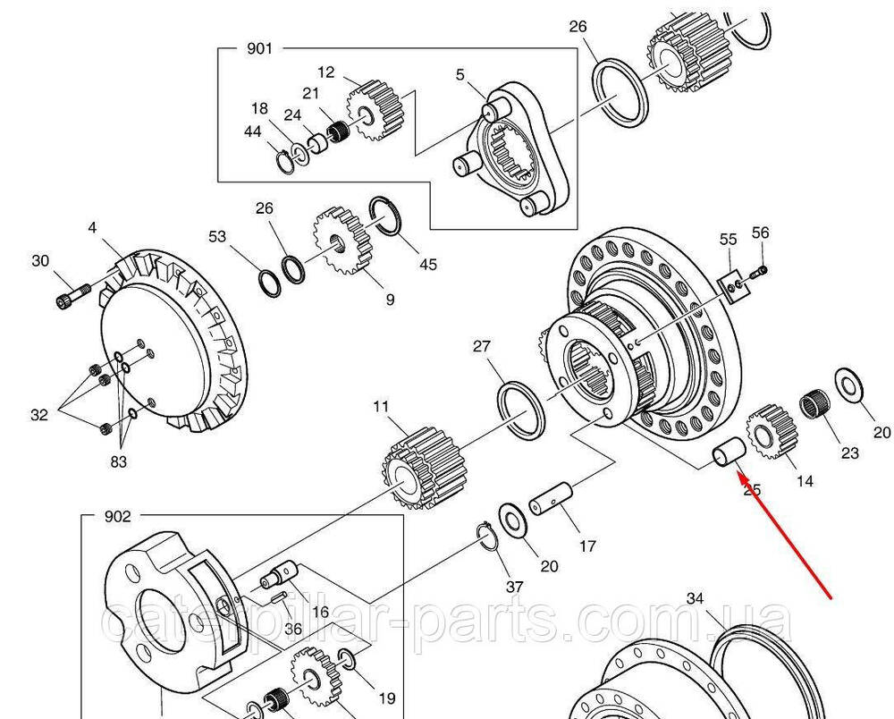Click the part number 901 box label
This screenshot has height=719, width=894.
click(x=259, y=48)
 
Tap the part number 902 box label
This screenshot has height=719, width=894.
click(x=118, y=516)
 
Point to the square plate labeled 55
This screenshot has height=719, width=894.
click(x=734, y=287)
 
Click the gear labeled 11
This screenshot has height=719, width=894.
click(x=416, y=468)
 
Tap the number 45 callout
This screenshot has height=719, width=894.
click(x=428, y=265)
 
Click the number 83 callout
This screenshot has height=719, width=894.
click(x=119, y=461)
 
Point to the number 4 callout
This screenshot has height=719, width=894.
click(x=92, y=228)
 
